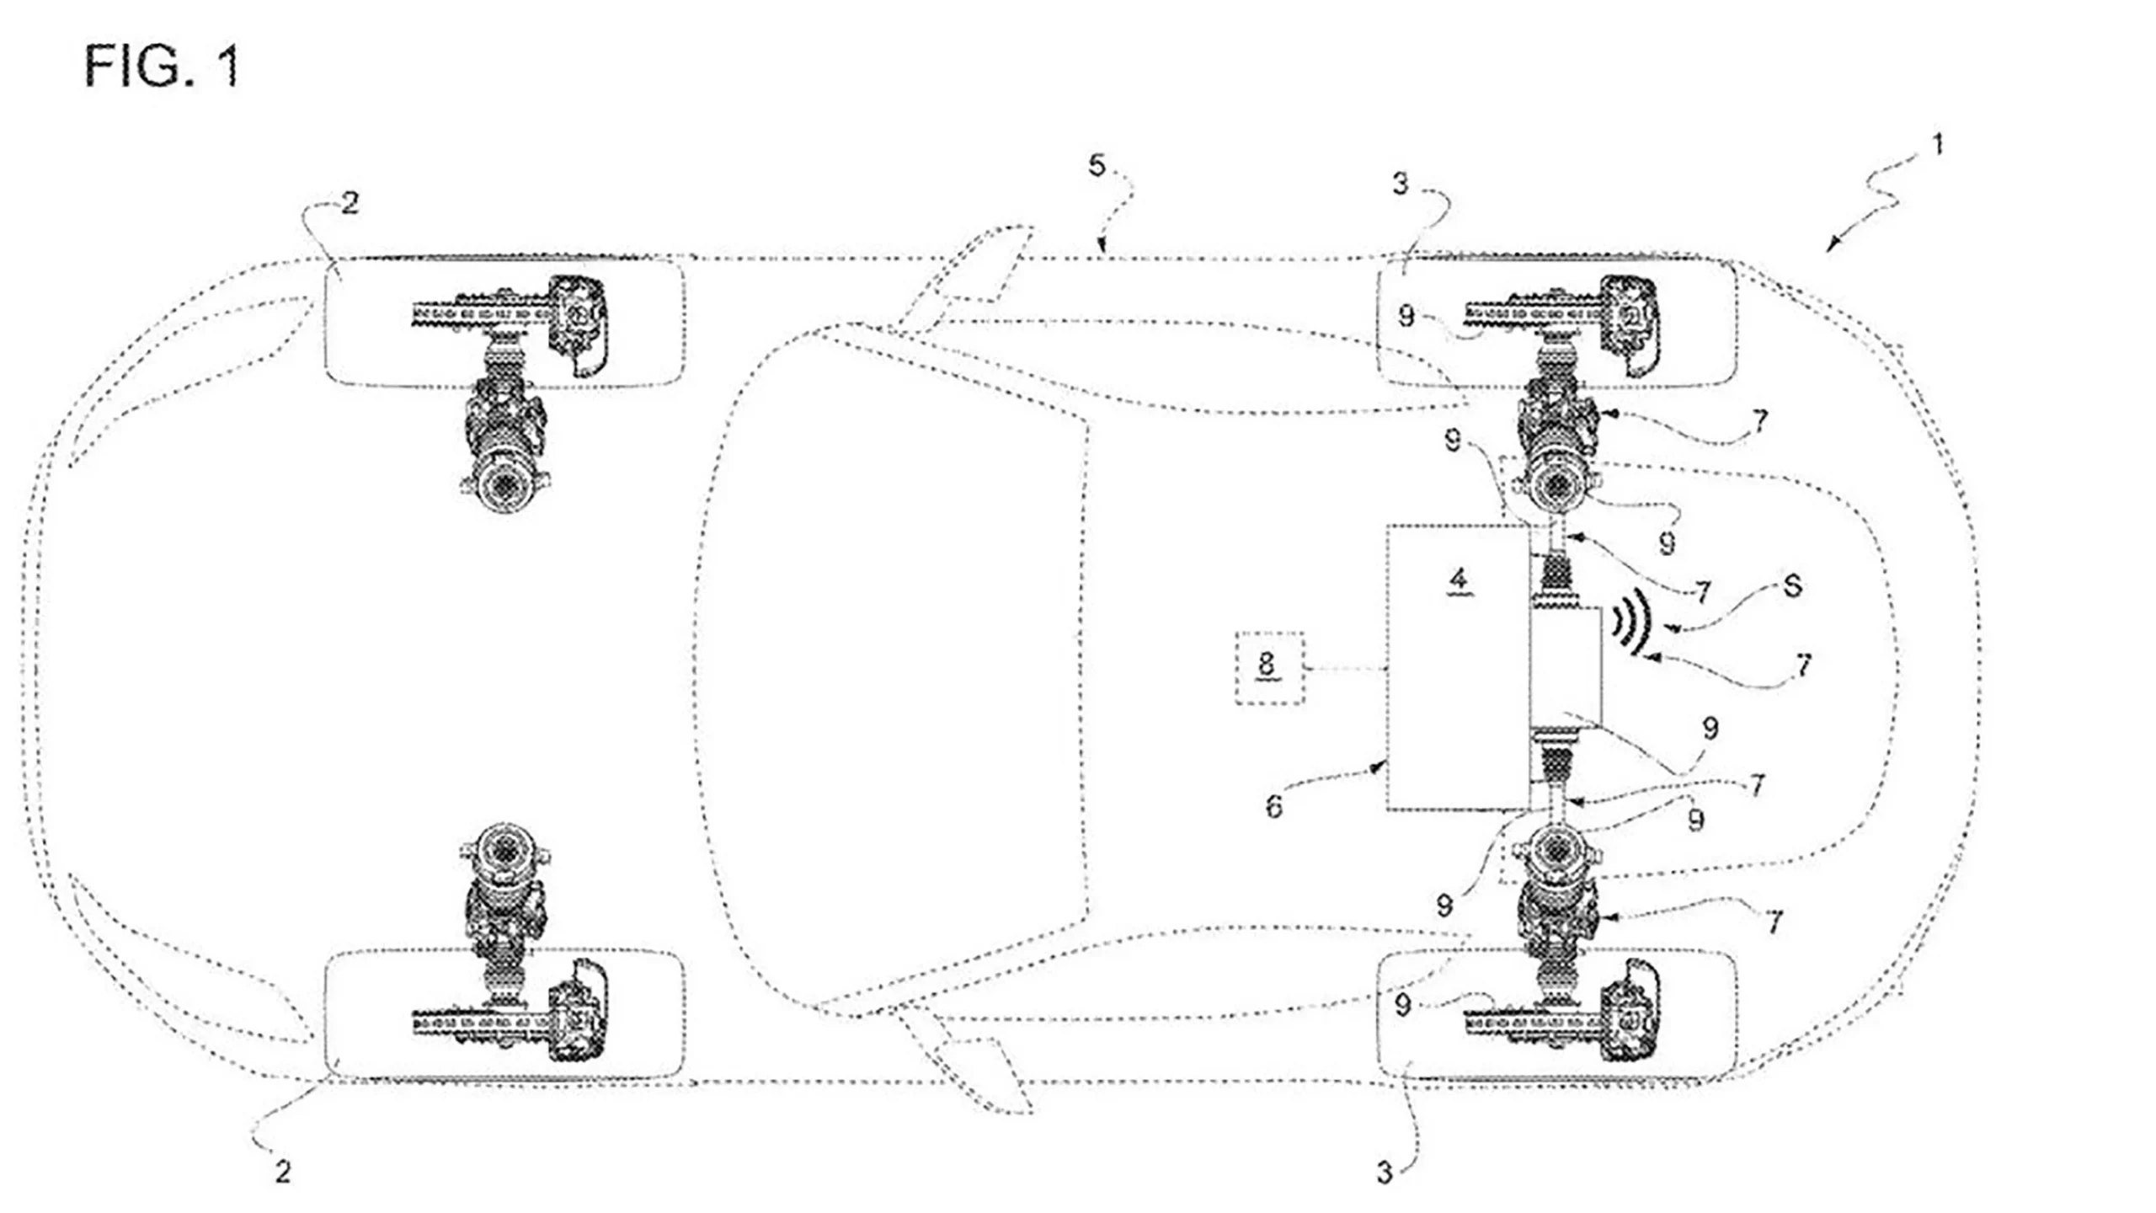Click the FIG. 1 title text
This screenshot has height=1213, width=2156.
pos(162,67)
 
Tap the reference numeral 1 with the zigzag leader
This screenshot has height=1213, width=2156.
pos(1936,146)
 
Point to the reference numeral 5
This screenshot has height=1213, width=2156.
pos(1096,166)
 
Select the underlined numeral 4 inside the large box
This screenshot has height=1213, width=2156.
pos(1459,580)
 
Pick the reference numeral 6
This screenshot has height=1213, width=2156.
pos(1274,807)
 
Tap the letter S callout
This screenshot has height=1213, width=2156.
pos(1792,586)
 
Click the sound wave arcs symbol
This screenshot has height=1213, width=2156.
pos(1630,622)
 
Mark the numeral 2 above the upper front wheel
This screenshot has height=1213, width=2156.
pos(350,203)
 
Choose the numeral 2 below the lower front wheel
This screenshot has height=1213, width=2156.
pos(283,1171)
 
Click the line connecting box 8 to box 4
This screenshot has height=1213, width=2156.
pos(1346,669)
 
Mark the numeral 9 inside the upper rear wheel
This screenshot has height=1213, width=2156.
pos(1406,316)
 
